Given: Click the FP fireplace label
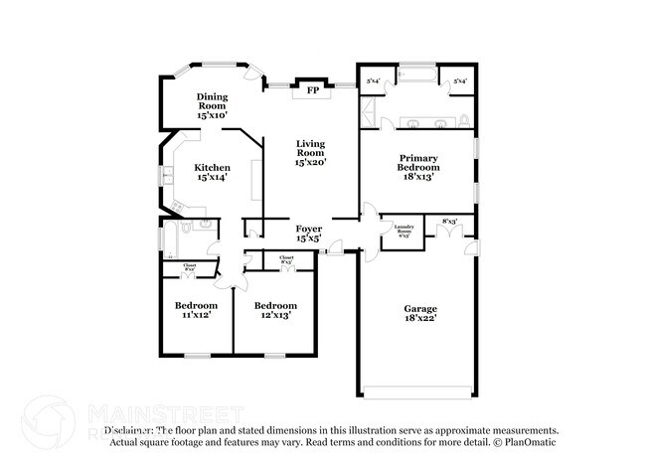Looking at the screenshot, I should click(x=312, y=89).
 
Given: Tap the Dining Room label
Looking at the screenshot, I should click(x=212, y=105).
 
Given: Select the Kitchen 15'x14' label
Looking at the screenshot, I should click(x=213, y=173).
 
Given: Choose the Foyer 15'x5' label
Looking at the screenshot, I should click(x=308, y=234).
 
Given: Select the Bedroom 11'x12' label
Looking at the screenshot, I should click(x=196, y=310).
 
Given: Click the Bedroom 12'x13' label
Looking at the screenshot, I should click(x=274, y=310).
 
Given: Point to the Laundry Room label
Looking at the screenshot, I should click(x=403, y=231).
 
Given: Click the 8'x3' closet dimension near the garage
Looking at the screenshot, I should click(x=449, y=222).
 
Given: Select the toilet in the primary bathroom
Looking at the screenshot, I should click(x=463, y=120).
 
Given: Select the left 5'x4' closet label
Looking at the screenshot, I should click(x=374, y=80).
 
